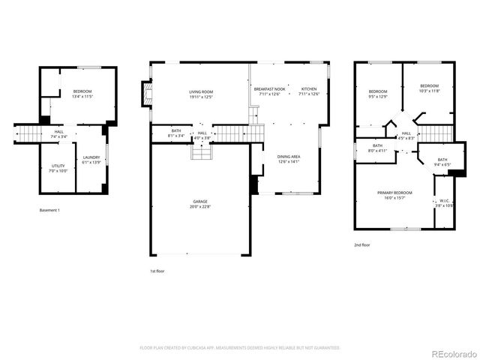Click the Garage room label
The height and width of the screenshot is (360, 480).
coord(199,203)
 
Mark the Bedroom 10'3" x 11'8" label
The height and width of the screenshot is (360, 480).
coord(429,88)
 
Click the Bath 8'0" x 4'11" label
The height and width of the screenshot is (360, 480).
coord(377,148)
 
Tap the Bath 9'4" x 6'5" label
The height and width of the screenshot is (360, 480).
coord(442,161)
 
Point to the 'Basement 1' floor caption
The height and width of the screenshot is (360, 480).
coord(49,210)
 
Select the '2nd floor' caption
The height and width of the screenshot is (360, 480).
coord(361,244)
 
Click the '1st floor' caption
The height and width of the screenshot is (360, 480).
coord(158,271)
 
